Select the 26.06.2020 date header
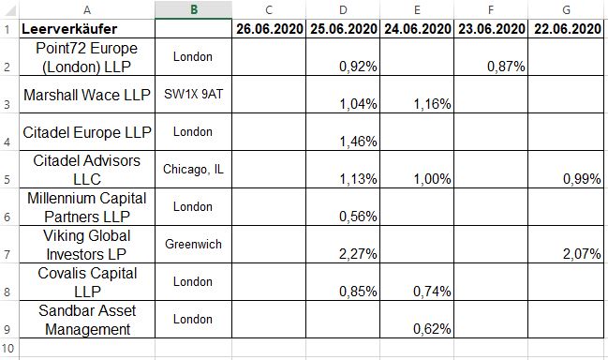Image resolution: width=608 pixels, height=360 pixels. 269,29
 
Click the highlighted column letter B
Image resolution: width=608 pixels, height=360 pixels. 193,10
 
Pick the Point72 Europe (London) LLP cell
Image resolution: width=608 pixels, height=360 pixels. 86,57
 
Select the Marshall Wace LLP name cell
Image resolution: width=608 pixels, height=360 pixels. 86,95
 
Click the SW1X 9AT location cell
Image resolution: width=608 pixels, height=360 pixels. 193,95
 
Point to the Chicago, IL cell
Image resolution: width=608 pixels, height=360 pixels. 193,170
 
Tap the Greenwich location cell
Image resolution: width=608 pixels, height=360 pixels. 193,245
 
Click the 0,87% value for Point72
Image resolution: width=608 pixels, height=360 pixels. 505,67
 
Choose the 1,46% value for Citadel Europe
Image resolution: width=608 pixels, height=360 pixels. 357,142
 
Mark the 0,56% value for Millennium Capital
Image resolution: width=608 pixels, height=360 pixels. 357,217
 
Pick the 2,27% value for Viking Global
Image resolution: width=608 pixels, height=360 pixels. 357,254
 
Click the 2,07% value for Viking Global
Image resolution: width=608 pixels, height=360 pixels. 582,254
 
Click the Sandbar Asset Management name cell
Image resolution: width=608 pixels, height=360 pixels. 86,320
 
